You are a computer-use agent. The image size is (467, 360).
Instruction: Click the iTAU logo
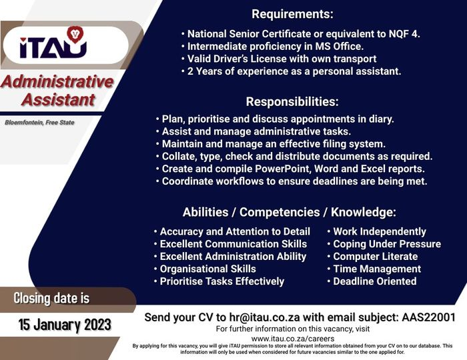[x=53, y=43]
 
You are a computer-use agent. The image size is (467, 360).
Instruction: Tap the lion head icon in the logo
[x=75, y=33]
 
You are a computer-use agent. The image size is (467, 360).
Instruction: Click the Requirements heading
[x=292, y=14]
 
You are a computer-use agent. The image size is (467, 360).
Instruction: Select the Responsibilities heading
[x=292, y=101]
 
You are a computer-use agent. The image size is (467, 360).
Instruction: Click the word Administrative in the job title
[x=57, y=81]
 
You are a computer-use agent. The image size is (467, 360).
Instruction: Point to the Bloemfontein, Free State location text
[x=39, y=122]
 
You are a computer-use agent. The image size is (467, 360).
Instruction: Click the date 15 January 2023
[x=65, y=325]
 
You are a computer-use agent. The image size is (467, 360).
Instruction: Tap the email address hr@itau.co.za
[x=264, y=317]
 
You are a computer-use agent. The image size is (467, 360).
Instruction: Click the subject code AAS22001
[x=428, y=317]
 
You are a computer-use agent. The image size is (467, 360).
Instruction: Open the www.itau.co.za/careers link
[x=293, y=339]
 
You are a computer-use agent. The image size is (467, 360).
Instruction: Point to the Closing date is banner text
[x=51, y=298]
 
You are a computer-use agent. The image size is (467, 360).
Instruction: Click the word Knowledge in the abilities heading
[x=364, y=212]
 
